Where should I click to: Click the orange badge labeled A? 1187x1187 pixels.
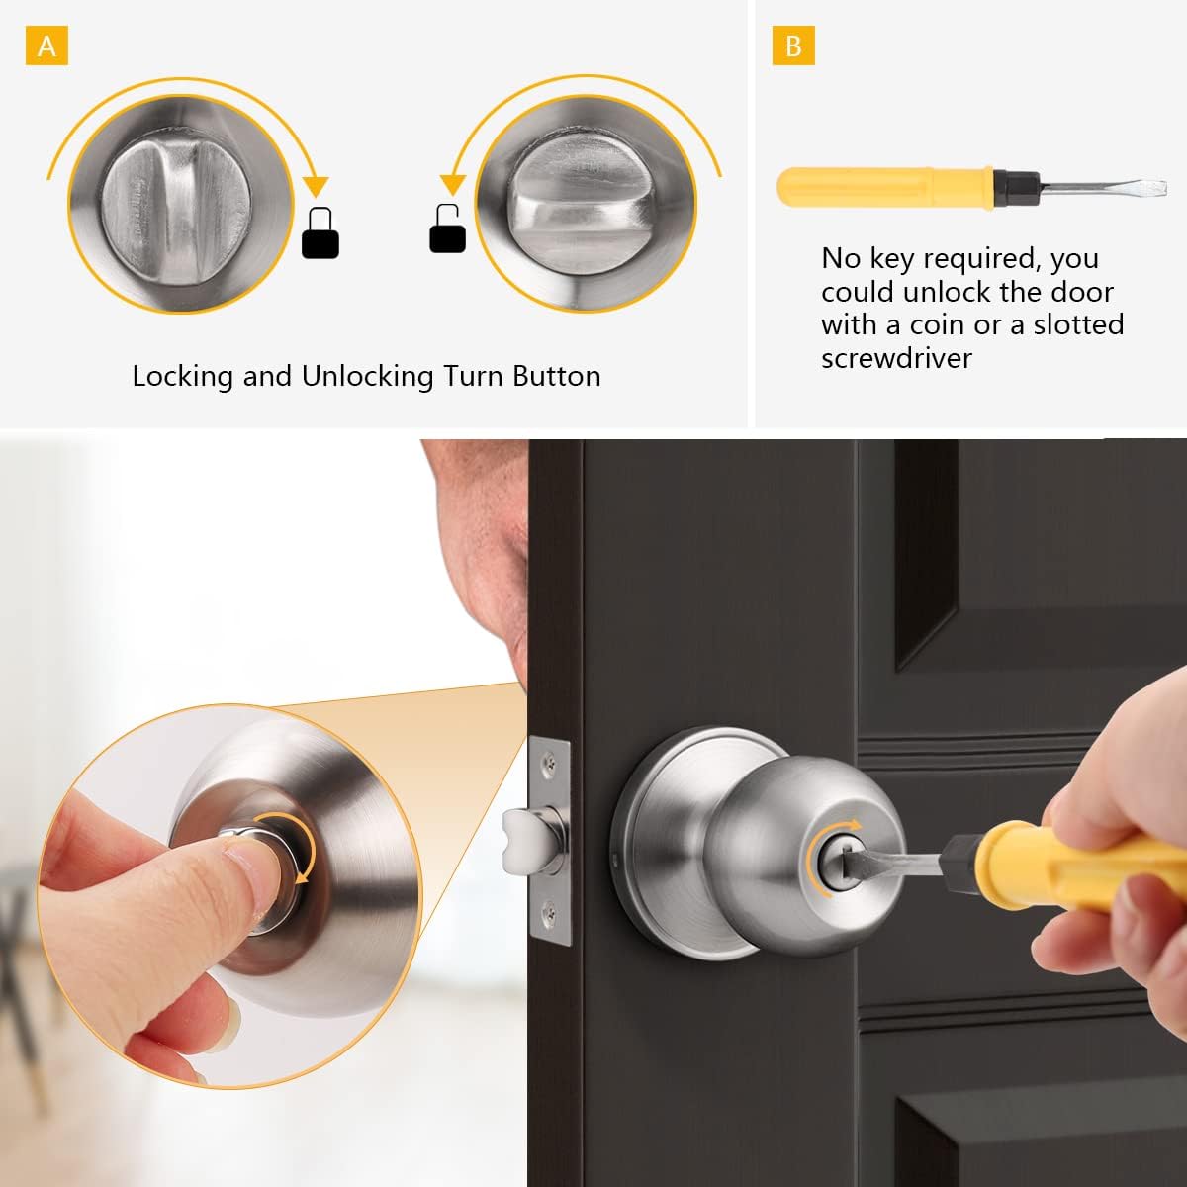[x=46, y=46]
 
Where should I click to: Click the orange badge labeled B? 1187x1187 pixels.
[x=793, y=46]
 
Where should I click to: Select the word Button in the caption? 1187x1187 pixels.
[x=556, y=376]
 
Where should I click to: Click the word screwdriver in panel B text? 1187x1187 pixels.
[x=896, y=357]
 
